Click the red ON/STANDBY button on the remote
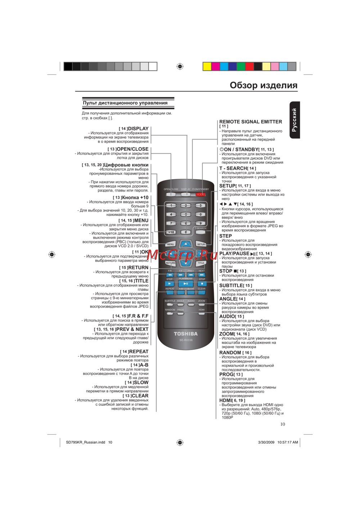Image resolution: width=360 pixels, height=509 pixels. click(x=201, y=194)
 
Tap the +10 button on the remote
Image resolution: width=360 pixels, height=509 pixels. click(x=171, y=232)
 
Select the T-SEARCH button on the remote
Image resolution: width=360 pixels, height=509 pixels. click(x=201, y=232)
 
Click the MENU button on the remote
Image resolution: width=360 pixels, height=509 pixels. click(x=171, y=244)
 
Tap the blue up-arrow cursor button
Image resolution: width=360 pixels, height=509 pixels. click(x=186, y=244)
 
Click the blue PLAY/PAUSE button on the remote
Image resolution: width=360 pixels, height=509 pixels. click(x=186, y=284)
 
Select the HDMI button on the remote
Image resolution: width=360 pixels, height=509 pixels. click(x=202, y=313)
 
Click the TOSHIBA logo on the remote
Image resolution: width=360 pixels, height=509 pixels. click(x=186, y=334)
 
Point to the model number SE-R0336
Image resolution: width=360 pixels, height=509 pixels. click(x=186, y=340)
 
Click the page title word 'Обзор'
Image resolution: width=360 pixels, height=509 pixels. click(x=243, y=85)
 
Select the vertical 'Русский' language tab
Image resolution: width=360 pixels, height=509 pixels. click(x=294, y=120)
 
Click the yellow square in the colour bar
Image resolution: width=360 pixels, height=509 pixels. click(x=207, y=66)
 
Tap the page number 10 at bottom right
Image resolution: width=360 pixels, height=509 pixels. click(x=283, y=424)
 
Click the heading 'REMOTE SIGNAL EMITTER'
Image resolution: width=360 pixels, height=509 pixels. click(x=251, y=122)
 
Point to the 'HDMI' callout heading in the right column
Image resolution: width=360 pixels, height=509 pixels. click(x=226, y=400)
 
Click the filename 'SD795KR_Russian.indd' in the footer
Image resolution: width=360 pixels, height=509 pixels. click(x=85, y=442)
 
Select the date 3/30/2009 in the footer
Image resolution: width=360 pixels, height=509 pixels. click(x=266, y=442)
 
